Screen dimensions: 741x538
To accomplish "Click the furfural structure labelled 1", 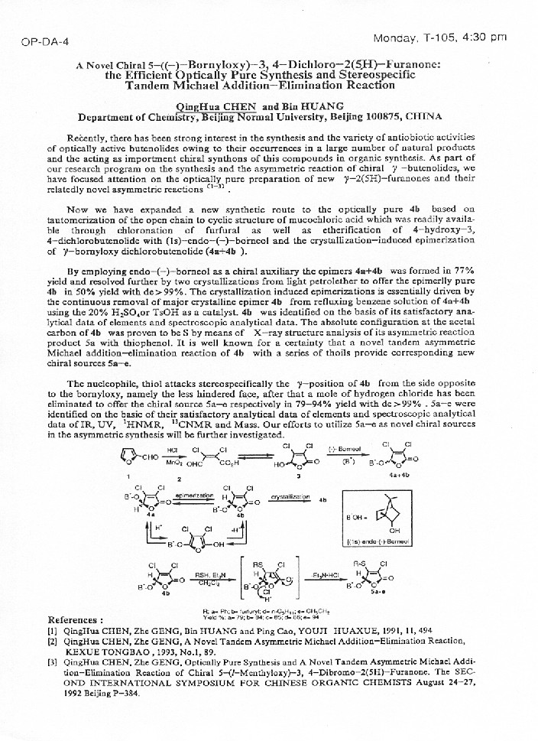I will pyautogui.click(x=126, y=458).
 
